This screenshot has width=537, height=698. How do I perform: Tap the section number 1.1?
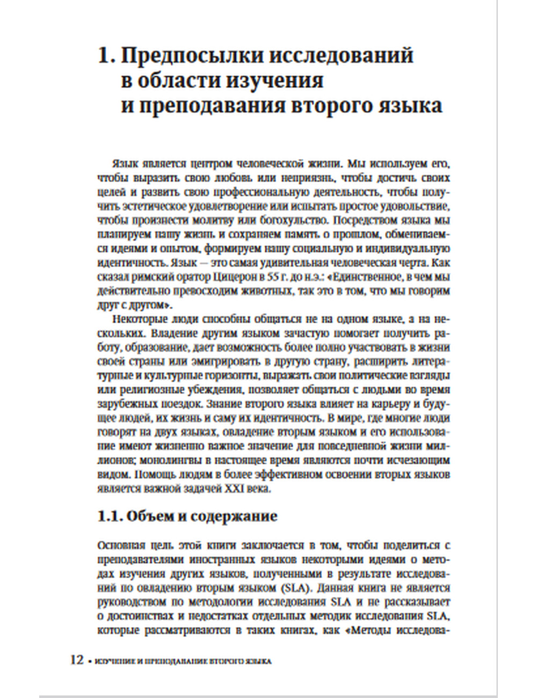pyautogui.click(x=110, y=517)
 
